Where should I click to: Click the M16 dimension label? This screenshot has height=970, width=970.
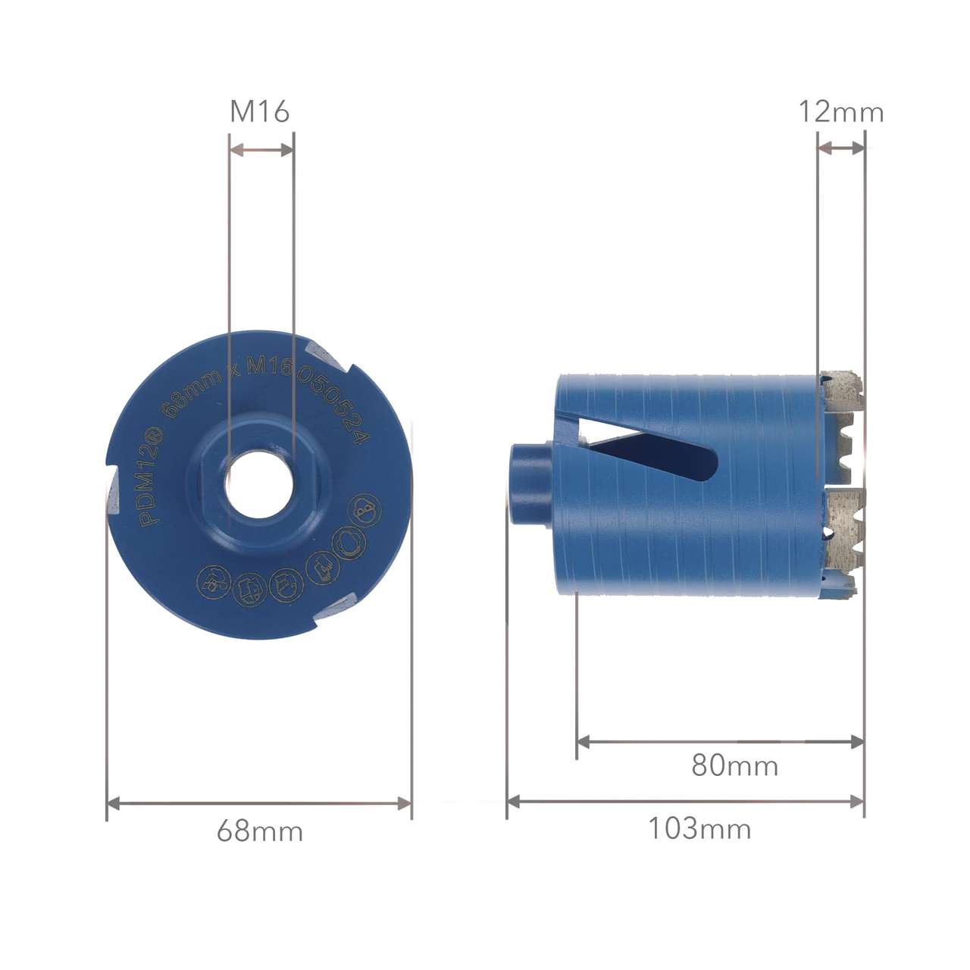(x=260, y=112)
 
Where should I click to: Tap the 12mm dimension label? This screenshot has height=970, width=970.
(x=841, y=113)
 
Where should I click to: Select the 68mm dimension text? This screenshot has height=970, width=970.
(x=260, y=831)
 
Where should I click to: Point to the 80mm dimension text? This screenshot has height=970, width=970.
(x=734, y=765)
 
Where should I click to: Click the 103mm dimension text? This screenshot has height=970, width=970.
(x=699, y=828)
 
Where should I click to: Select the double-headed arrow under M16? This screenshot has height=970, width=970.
(x=261, y=150)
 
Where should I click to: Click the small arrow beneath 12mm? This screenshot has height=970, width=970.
(x=841, y=149)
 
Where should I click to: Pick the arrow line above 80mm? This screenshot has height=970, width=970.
(x=720, y=742)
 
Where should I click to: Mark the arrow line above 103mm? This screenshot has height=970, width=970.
(x=685, y=801)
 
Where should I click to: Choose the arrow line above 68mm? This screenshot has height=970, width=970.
(x=259, y=803)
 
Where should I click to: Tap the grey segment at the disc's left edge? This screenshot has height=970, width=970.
(x=113, y=496)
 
